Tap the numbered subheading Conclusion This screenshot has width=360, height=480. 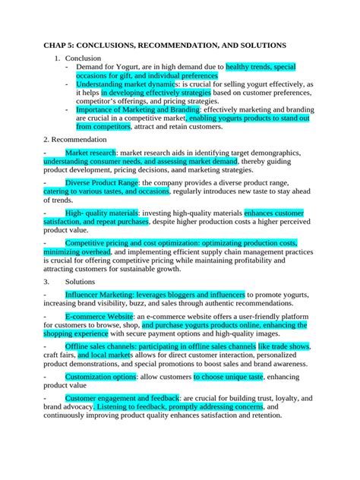tap(81, 58)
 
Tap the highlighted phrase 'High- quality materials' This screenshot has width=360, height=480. tap(103, 213)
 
